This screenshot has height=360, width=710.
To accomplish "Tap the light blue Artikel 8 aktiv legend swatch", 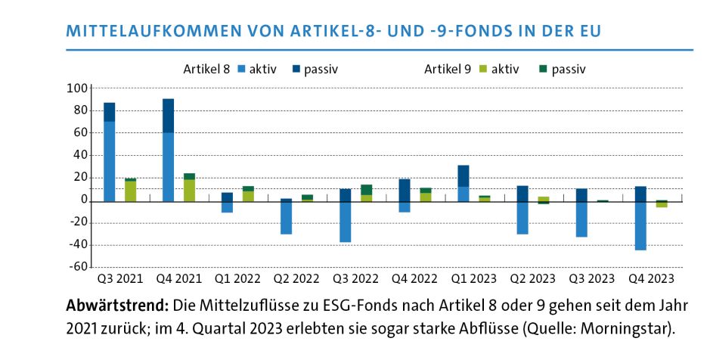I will point(242,70).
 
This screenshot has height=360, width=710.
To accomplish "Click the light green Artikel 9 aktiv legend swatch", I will point(480,70).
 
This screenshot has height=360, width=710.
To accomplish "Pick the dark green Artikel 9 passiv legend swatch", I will point(541,70).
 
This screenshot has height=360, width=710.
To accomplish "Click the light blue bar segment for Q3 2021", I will point(110,161).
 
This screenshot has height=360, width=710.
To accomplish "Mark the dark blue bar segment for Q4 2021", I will point(168,116).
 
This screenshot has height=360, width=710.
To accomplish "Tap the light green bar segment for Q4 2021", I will point(189,190).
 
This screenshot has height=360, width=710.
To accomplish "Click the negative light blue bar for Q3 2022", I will point(346,222).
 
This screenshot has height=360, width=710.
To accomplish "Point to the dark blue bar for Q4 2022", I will point(405,190).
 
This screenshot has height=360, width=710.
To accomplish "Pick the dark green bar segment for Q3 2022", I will point(366,189).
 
